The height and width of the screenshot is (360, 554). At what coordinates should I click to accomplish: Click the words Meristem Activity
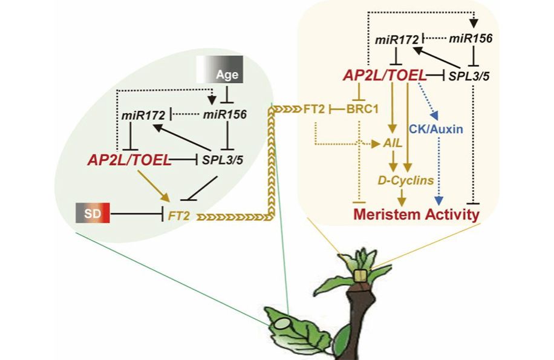[416, 215]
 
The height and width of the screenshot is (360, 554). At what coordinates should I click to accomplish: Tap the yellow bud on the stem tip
[362, 276]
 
